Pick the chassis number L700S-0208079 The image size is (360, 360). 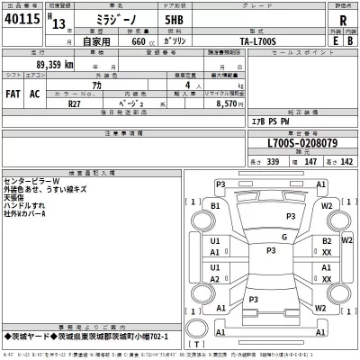click(x=290, y=142)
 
